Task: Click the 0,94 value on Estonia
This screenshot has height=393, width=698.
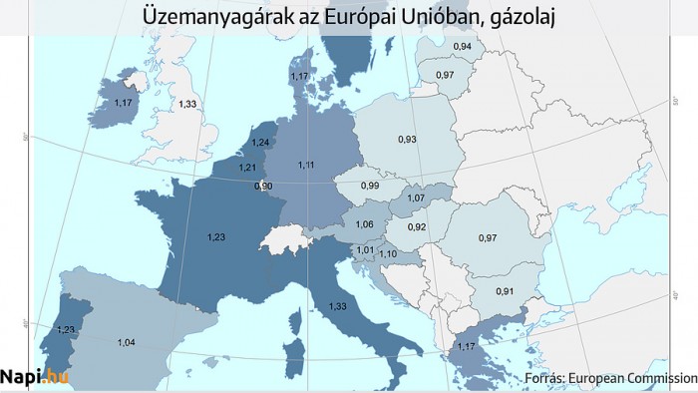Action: click(435, 47)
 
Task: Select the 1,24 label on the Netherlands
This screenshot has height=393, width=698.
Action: click(260, 142)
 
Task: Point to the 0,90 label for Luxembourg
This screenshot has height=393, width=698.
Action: click(263, 187)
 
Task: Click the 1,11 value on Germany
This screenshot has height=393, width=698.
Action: click(306, 164)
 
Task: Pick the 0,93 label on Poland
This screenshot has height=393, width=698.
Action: click(406, 139)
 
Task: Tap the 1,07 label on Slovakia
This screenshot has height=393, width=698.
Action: click(416, 199)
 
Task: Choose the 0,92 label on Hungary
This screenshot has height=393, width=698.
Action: click(418, 227)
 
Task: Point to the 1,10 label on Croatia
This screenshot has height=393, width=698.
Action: click(388, 255)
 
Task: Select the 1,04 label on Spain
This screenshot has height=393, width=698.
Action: click(127, 343)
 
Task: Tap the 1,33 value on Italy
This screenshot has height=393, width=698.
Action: click(337, 306)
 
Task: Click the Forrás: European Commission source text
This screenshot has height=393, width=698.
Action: click(609, 379)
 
